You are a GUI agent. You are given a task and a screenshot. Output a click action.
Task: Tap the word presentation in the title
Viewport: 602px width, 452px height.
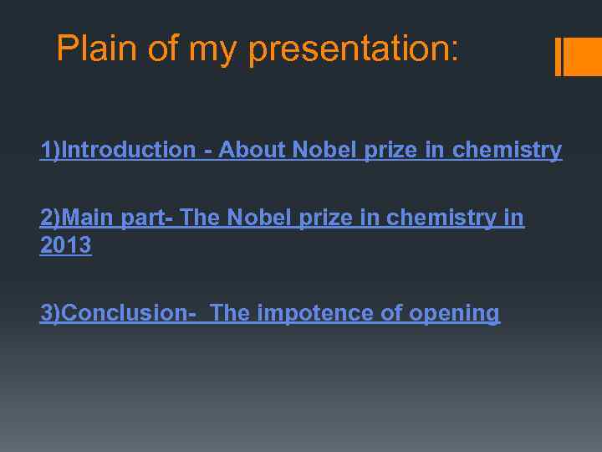pos(354,50)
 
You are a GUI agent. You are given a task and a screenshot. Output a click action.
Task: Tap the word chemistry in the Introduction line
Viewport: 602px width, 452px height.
pos(507,151)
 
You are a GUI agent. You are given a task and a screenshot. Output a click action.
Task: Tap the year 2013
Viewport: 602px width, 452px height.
pos(66,246)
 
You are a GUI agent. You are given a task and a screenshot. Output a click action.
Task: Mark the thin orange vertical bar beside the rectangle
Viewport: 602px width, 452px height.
pos(559,56)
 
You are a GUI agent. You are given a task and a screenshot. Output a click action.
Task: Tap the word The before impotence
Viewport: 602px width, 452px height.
pos(230,313)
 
